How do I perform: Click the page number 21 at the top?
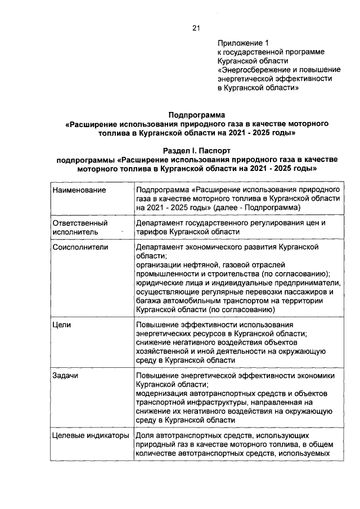(196, 27)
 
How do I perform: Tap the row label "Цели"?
(61, 325)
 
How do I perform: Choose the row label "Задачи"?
(65, 376)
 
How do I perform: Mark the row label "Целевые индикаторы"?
(87, 435)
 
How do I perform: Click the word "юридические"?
(159, 282)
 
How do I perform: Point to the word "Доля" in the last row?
(145, 435)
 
